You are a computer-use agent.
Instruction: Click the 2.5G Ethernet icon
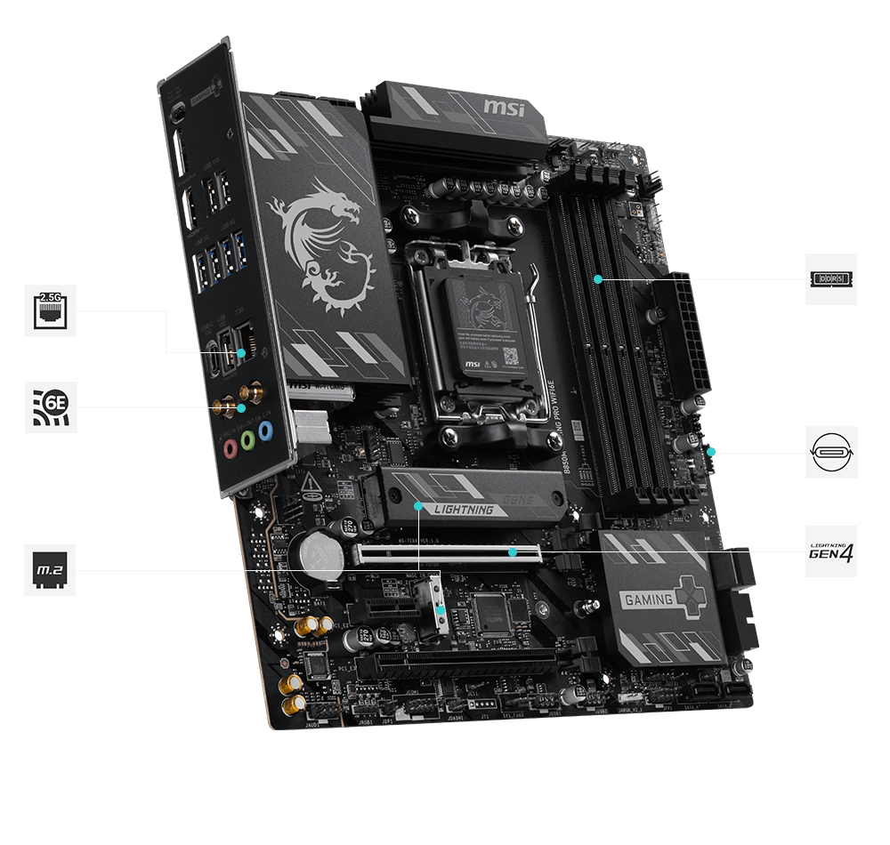click(50, 310)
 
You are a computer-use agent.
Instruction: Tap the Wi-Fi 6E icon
click(50, 407)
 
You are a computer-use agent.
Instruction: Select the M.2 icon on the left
click(50, 569)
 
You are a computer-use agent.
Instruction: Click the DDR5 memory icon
click(830, 279)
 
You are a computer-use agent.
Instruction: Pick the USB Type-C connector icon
click(831, 452)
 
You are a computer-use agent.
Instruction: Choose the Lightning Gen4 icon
click(830, 551)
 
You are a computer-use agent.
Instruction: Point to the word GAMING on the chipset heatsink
click(648, 599)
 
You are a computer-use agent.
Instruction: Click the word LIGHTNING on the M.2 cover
click(463, 510)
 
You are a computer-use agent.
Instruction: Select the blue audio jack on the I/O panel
click(264, 432)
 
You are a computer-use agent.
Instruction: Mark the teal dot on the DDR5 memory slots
click(598, 278)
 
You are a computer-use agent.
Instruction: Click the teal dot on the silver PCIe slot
click(513, 552)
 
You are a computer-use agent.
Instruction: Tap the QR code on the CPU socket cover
click(510, 356)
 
